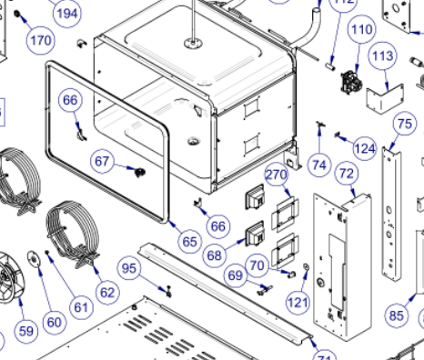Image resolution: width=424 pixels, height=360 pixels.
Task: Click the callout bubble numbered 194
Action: [66, 13]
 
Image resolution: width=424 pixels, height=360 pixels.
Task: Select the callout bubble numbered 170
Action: [41, 41]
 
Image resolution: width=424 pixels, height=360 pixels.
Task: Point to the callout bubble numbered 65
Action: [188, 242]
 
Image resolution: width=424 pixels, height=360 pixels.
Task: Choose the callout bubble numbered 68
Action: [215, 255]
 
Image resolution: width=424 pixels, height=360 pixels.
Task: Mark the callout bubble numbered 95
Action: [130, 268]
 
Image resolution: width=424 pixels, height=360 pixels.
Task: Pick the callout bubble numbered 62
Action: [107, 292]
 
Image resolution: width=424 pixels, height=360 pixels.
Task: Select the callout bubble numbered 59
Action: [25, 330]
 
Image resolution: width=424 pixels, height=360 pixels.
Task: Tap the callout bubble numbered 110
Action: [362, 29]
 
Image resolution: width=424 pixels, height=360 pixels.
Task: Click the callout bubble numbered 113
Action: [382, 56]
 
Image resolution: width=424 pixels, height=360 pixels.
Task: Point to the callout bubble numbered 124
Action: [365, 147]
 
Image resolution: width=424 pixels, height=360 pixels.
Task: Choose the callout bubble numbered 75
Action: [404, 124]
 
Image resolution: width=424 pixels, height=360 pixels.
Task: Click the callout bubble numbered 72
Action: [346, 173]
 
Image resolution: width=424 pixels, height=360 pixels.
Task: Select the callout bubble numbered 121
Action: [299, 301]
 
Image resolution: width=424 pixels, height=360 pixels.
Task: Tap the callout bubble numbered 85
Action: [396, 315]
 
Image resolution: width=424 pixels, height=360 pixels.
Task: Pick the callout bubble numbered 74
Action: [318, 165]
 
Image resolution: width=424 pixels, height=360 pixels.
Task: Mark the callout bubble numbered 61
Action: [82, 306]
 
